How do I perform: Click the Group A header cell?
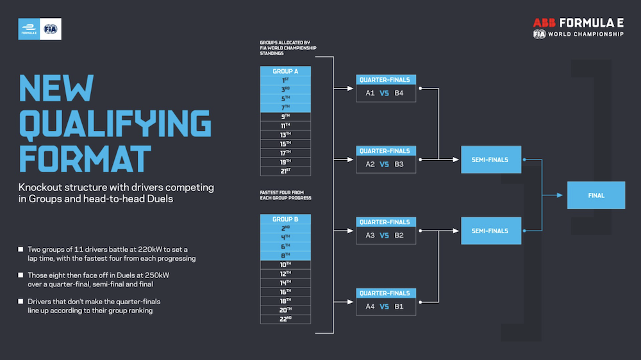tap(285, 71)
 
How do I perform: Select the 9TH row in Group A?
tap(285, 117)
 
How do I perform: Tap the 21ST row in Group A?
tap(285, 171)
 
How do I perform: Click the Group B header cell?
tap(285, 219)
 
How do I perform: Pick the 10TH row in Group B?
tap(285, 264)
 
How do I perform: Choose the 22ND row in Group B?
tap(285, 319)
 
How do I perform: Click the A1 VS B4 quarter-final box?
tap(385, 93)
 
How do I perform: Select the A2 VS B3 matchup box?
tap(385, 164)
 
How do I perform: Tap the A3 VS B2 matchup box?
tap(385, 235)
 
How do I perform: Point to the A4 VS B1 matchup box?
tap(385, 306)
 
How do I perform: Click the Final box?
tap(595, 195)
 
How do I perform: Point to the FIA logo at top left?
tap(50, 29)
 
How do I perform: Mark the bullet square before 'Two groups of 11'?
tap(21, 249)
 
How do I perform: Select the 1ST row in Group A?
tap(285, 80)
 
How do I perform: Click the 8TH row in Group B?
tap(285, 255)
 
